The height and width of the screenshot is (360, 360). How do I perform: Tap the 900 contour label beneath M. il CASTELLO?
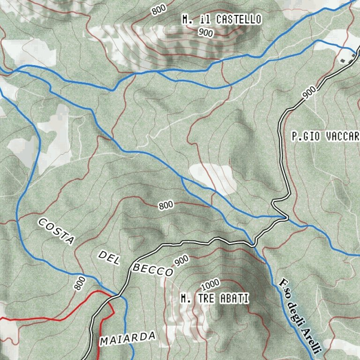point(205,32)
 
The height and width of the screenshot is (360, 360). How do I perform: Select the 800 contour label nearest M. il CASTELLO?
point(159,9)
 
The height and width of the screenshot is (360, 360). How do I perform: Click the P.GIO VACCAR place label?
point(324,137)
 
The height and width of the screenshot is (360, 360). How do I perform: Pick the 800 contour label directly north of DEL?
point(166,205)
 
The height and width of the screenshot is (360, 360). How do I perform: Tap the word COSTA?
point(57,231)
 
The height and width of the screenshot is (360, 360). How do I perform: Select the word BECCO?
point(152,270)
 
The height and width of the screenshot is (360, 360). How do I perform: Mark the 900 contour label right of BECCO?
point(181,261)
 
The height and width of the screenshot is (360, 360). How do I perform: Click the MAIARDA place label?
point(127,337)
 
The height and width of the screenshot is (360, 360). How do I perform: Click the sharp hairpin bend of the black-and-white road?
point(285,217)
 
